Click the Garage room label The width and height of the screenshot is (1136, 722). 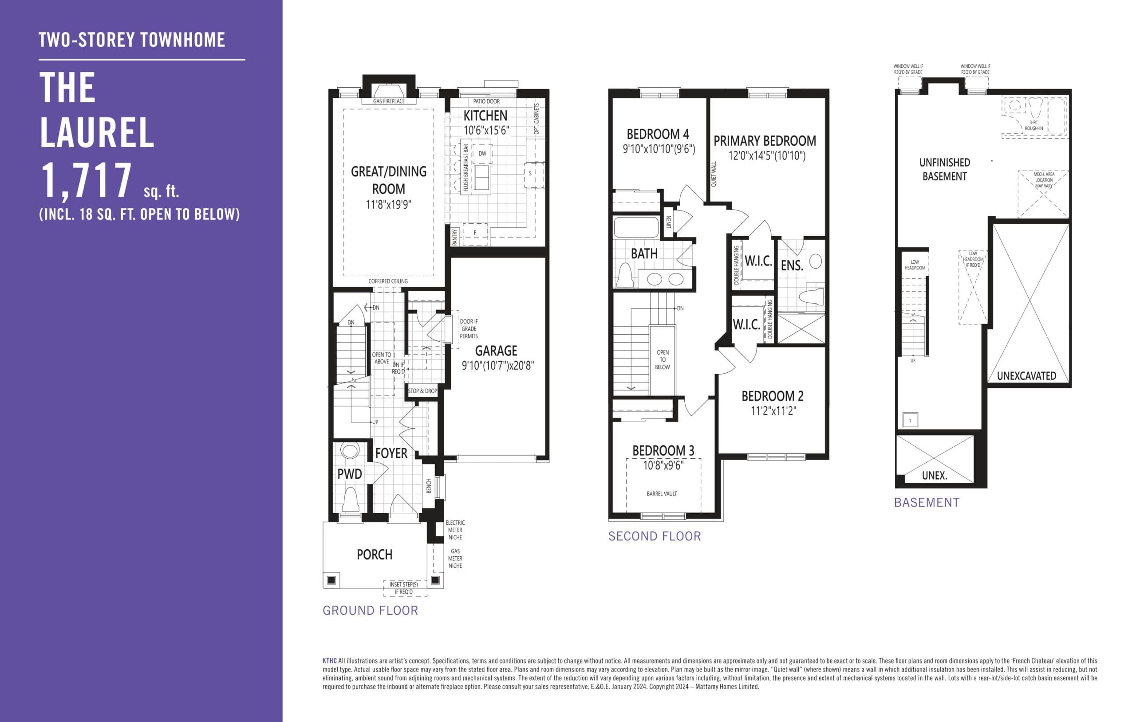[496, 351]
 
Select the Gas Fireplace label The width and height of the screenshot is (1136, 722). [389, 101]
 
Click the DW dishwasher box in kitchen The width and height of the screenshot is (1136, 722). [482, 154]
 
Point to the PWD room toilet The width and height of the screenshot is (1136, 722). [350, 500]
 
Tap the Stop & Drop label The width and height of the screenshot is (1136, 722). [422, 390]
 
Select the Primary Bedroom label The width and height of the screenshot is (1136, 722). [764, 141]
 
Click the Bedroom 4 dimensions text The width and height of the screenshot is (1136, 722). [659, 149]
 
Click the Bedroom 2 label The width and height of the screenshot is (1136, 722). [772, 396]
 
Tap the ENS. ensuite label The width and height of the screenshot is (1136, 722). [792, 266]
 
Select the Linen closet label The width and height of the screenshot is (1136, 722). [668, 222]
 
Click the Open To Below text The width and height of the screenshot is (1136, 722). [663, 359]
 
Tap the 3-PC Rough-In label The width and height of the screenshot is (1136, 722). [1033, 125]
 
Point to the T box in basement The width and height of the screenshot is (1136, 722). [910, 420]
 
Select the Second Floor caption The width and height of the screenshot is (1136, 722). [655, 536]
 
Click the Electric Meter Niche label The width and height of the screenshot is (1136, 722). [455, 530]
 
